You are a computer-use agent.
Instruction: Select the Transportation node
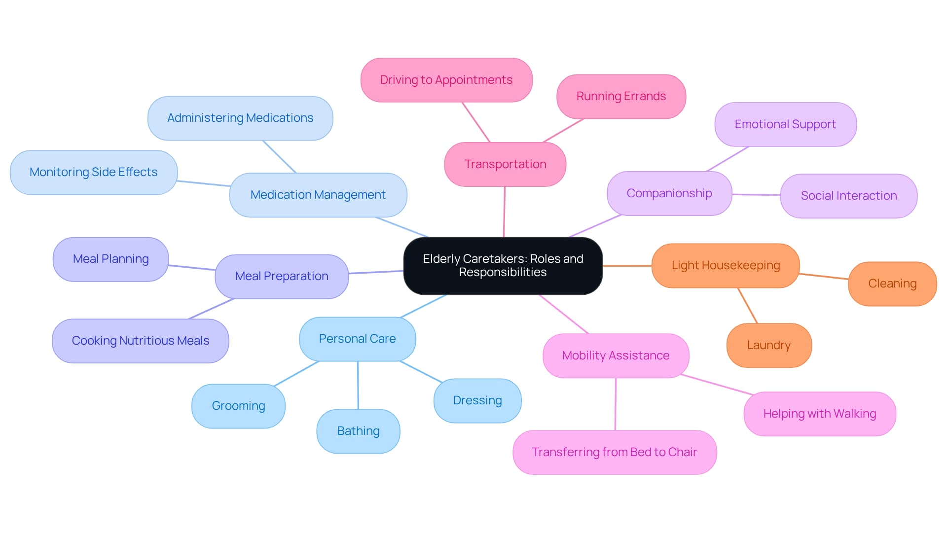[x=505, y=164]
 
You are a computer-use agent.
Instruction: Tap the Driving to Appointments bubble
[x=446, y=80]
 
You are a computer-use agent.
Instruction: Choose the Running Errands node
[x=621, y=96]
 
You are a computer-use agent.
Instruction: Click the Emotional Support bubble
[x=785, y=124]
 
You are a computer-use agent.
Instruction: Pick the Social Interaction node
[x=848, y=196]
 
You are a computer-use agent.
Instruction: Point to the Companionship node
[x=669, y=193]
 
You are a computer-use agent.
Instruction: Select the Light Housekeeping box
[x=726, y=265]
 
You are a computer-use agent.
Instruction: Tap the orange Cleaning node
[x=892, y=284]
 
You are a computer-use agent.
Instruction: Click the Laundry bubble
[x=768, y=345]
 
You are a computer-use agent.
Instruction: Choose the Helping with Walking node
[x=819, y=414]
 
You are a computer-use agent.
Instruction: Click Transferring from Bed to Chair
[x=614, y=452]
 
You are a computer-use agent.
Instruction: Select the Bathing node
[x=358, y=431]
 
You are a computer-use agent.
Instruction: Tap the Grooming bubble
[x=238, y=406]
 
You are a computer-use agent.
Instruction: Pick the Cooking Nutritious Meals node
[x=140, y=341]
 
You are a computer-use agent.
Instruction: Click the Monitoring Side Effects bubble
[x=93, y=172]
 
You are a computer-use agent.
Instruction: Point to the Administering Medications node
[x=240, y=118]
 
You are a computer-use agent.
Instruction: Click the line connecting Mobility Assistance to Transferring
[x=616, y=404]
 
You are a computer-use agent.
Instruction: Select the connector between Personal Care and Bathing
[x=358, y=385]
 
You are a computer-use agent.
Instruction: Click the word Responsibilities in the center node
[x=503, y=273]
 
